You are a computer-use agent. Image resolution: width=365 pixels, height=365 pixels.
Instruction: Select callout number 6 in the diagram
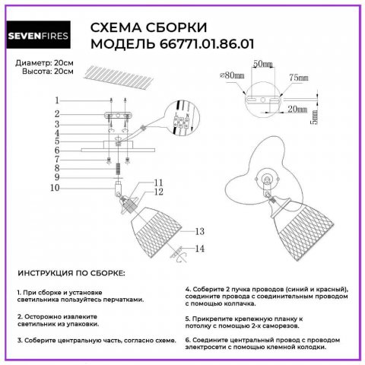pyautogui.click(x=56, y=151)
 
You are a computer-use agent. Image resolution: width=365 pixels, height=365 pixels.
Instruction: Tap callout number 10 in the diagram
pyautogui.click(x=54, y=187)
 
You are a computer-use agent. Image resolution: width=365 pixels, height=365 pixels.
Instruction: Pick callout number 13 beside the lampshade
pyautogui.click(x=200, y=231)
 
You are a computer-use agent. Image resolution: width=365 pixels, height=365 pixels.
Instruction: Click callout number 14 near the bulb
pyautogui.click(x=200, y=249)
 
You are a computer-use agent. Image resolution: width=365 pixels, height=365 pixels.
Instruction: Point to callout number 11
pyautogui.click(x=159, y=182)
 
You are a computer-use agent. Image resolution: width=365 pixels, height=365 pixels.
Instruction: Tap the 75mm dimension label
pyautogui.click(x=298, y=77)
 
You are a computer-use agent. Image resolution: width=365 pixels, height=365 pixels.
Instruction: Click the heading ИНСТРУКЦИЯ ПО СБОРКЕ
pyautogui.click(x=71, y=272)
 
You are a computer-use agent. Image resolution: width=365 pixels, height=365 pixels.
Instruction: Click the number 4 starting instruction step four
pyautogui.click(x=187, y=290)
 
